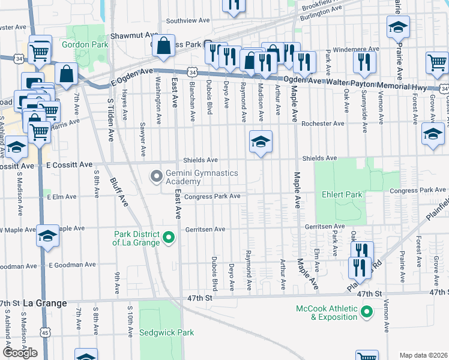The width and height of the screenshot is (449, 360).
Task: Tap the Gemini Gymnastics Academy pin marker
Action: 157,176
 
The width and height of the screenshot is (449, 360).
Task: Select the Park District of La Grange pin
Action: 169,238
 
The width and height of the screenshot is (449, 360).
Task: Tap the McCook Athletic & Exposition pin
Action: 366,311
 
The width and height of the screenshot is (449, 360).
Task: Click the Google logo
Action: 20,353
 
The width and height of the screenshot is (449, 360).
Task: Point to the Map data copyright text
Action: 423,355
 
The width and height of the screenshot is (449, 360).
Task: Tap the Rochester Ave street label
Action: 323,124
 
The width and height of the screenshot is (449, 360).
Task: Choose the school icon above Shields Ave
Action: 261,142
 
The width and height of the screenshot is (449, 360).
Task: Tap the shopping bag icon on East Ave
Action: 163,46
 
